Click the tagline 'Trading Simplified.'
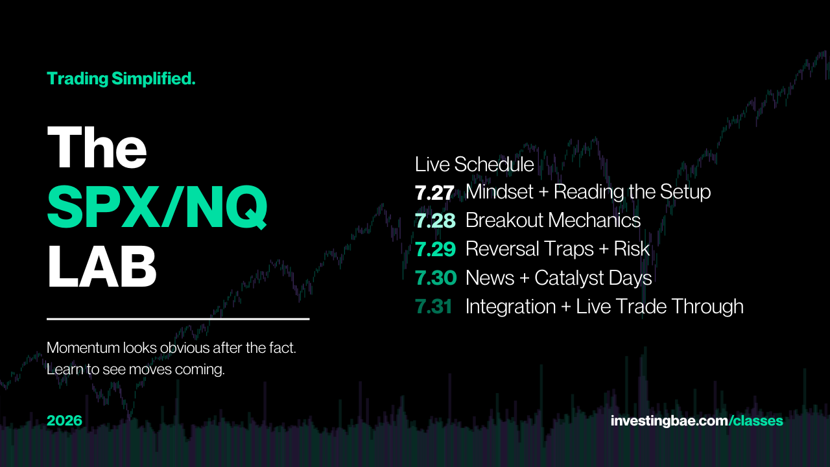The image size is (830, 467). pyautogui.click(x=121, y=79)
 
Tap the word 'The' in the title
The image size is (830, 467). pyautogui.click(x=97, y=147)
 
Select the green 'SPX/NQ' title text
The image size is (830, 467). pyautogui.click(x=157, y=207)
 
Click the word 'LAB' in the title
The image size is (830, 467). pyautogui.click(x=102, y=266)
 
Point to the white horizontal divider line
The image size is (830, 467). pyautogui.click(x=178, y=318)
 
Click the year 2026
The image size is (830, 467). pyautogui.click(x=64, y=421)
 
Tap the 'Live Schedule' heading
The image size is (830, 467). pyautogui.click(x=474, y=164)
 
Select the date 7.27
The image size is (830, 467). pyautogui.click(x=434, y=193)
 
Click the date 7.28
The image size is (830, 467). pyautogui.click(x=435, y=221)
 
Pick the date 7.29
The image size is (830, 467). pyautogui.click(x=435, y=250)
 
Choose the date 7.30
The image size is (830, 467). pyautogui.click(x=436, y=278)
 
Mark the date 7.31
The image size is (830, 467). pyautogui.click(x=434, y=307)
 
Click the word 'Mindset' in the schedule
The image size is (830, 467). pyautogui.click(x=499, y=192)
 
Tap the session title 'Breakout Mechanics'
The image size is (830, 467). pyautogui.click(x=553, y=221)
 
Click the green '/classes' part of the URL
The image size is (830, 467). pyautogui.click(x=756, y=421)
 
